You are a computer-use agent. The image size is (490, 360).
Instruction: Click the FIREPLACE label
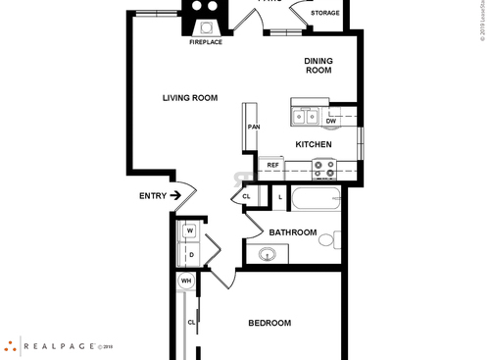(206, 43)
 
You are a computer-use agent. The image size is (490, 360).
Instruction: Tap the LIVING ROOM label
(190, 97)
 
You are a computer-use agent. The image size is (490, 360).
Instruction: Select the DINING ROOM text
(318, 66)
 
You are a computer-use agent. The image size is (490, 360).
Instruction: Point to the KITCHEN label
(314, 145)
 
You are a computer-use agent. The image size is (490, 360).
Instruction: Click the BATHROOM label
(293, 232)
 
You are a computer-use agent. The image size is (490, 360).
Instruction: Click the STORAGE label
(325, 14)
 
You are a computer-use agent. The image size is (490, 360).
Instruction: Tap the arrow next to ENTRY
(176, 196)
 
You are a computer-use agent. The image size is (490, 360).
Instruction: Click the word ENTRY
(152, 196)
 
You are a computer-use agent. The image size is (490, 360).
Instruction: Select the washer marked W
(189, 231)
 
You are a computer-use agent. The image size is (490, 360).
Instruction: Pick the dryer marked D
(190, 255)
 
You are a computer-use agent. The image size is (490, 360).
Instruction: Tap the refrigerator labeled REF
(273, 165)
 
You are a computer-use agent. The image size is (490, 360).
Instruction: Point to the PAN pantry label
(253, 128)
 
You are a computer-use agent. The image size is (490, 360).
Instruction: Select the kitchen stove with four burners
(323, 169)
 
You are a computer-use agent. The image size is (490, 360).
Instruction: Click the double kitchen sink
(305, 117)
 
